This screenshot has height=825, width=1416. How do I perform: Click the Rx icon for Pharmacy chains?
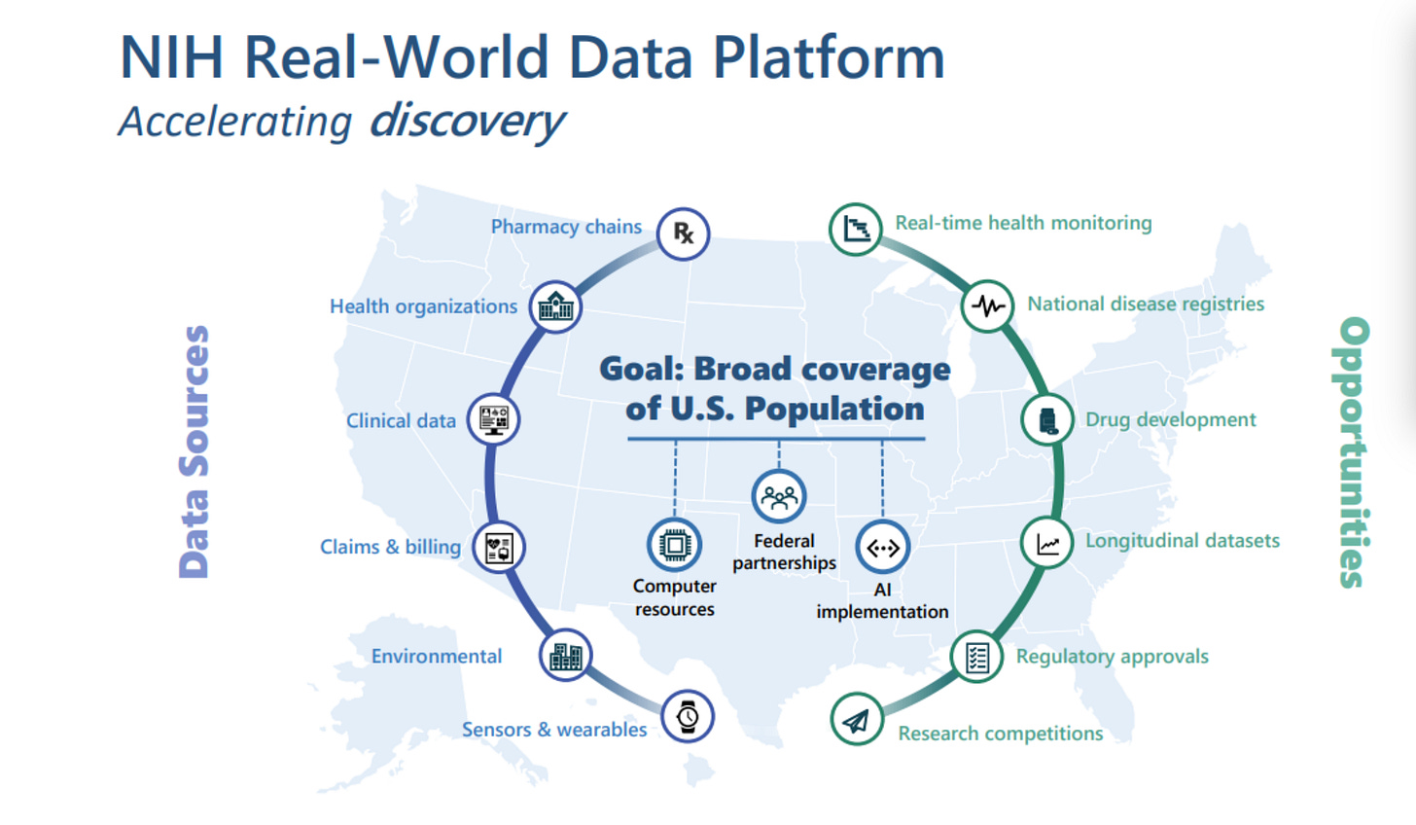[683, 233]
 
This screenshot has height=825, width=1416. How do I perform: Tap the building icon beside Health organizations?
[555, 307]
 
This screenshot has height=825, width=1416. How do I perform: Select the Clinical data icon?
[493, 419]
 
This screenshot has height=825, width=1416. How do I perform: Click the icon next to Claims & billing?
[499, 548]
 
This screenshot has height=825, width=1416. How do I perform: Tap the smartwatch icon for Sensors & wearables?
[688, 717]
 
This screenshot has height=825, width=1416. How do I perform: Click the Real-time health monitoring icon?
[856, 229]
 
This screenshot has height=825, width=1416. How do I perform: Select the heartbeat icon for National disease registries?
[988, 306]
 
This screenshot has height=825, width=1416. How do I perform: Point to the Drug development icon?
[1047, 420]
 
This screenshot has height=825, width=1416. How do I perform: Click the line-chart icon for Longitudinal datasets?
[1047, 543]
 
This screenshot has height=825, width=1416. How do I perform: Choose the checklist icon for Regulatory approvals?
[976, 657]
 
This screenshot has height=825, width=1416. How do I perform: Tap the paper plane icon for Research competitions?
[857, 720]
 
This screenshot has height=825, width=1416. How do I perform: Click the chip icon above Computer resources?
[674, 544]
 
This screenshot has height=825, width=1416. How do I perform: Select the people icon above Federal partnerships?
[779, 497]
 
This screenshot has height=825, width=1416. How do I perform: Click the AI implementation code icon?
[882, 548]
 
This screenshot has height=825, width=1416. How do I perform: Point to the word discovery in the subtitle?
[467, 121]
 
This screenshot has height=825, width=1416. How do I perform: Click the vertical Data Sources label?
[195, 451]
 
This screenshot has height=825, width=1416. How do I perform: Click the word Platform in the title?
[829, 58]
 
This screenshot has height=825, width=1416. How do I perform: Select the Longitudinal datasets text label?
[1182, 541]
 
